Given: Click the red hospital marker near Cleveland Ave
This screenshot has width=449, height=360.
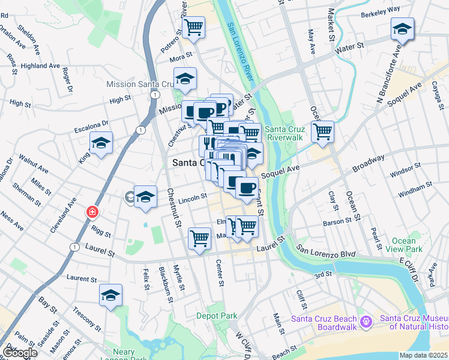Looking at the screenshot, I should [x=92, y=212].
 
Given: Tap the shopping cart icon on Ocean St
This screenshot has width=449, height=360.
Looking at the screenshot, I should [x=323, y=131].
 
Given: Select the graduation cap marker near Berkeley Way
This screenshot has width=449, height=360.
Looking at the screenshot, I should [x=401, y=28].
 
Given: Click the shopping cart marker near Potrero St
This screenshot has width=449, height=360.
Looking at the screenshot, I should [x=193, y=27].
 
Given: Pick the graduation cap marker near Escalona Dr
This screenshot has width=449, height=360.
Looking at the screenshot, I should [x=101, y=143].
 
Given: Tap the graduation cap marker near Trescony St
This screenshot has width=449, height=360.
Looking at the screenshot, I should [x=110, y=295].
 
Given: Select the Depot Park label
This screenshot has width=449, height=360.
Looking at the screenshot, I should [x=217, y=315].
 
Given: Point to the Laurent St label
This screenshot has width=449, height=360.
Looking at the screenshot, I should [x=82, y=279].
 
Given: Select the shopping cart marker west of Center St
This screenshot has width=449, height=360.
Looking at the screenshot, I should [x=199, y=238].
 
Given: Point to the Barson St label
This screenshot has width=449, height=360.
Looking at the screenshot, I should [x=337, y=221].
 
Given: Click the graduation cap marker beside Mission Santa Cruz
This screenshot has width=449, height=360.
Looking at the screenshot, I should [x=185, y=79].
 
